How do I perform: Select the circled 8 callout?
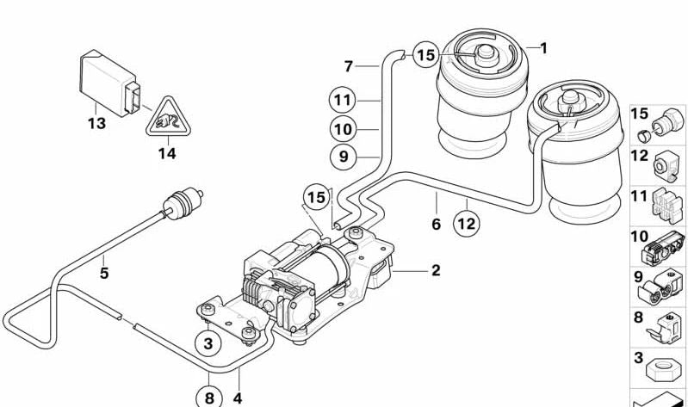pos(208,397)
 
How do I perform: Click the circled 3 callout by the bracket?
pos(208,343)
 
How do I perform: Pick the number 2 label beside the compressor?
pos(436,270)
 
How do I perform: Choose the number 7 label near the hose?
pos(348,65)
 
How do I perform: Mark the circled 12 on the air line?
pos(466,224)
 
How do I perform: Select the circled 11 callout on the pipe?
pos(343,100)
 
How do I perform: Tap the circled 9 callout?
pos(343,157)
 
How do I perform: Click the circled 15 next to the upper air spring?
pos(425,56)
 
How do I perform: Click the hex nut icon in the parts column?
pos(660,379)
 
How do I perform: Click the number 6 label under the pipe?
pos(436,224)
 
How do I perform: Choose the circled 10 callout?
pos(343,129)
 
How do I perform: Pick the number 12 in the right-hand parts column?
pos(639,156)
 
